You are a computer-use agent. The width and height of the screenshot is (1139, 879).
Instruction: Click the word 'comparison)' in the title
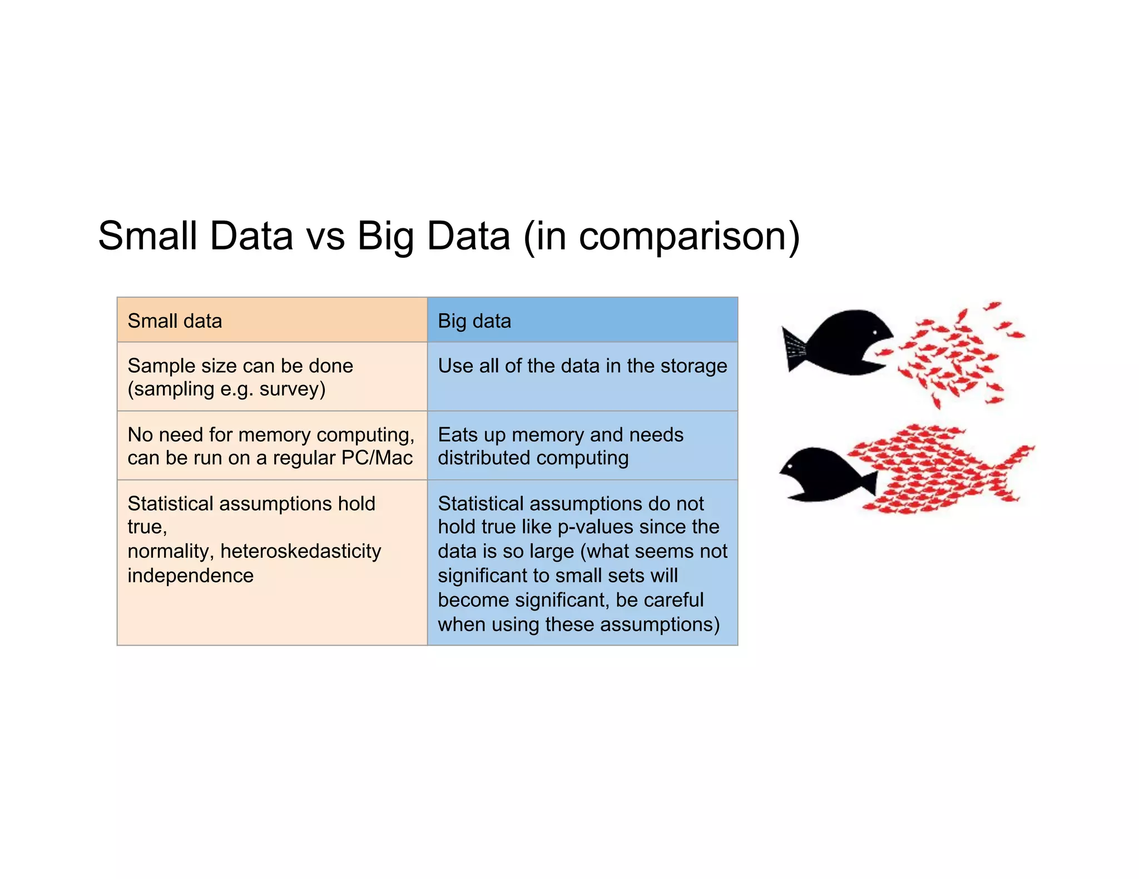[x=689, y=237]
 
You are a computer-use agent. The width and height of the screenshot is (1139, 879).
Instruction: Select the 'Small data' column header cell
[x=272, y=320]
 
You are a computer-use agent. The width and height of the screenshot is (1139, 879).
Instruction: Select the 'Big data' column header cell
[x=582, y=320]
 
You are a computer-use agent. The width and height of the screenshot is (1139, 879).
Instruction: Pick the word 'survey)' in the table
[x=293, y=389]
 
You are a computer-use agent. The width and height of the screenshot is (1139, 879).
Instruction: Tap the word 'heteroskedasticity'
[x=301, y=551]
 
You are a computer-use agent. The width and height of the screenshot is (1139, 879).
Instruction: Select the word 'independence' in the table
[x=190, y=576]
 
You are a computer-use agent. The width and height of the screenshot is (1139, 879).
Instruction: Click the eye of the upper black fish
[x=875, y=332]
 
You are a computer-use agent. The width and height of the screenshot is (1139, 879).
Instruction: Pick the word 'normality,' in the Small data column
[x=171, y=551]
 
